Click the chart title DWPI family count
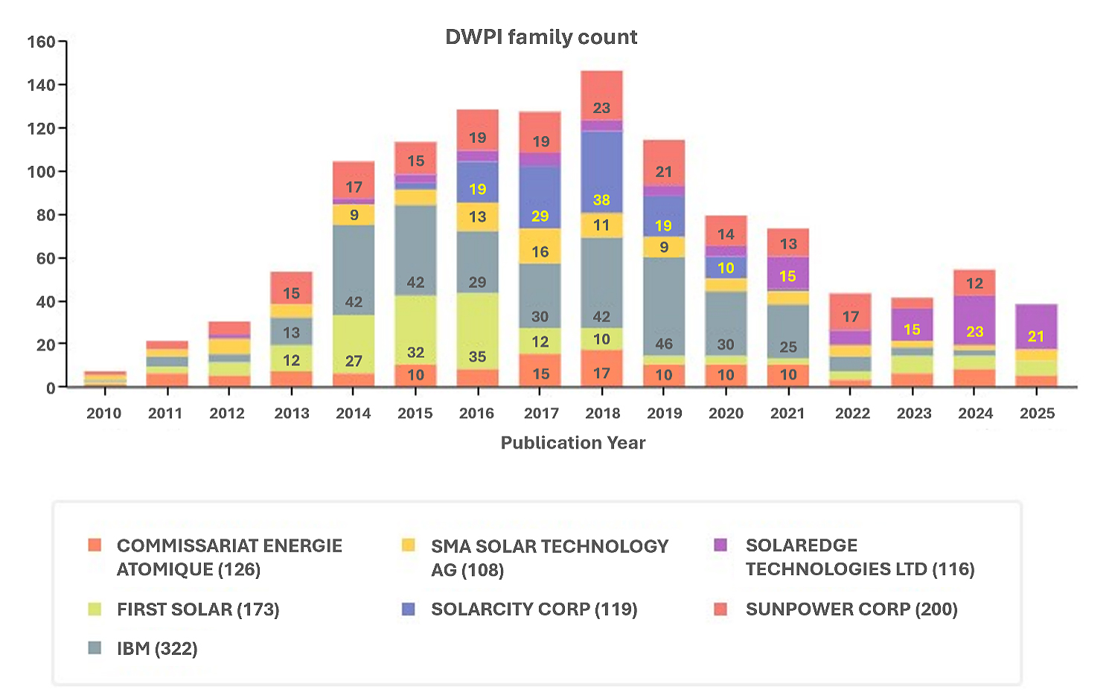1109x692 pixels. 541,37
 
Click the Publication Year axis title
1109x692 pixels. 572,443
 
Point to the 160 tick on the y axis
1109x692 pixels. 42,42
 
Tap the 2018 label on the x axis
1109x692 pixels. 602,414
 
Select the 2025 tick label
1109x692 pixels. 1037,414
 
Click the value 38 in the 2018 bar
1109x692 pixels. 601,200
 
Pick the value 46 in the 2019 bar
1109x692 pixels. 664,344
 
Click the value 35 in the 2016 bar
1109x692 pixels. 477,356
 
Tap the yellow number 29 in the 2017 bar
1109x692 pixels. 540,217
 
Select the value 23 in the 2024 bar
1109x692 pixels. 974,332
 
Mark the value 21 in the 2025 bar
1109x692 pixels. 1036,336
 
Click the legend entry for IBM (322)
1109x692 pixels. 157,649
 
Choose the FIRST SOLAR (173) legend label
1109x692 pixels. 198,609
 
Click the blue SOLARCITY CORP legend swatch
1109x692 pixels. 408,609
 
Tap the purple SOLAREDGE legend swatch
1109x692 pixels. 720,545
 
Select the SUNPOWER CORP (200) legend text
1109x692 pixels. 851,609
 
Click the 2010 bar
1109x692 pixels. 105,379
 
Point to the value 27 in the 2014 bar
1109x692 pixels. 354,362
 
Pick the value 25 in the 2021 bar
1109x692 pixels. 788,347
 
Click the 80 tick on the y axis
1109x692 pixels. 45,215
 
